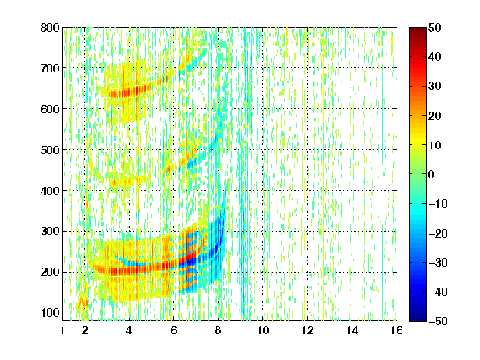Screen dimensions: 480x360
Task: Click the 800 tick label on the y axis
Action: click(x=50, y=27)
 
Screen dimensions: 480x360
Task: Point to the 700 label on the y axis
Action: click(x=50, y=68)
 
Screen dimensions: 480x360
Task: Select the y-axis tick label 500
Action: click(x=50, y=150)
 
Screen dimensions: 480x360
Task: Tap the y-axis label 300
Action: click(x=50, y=231)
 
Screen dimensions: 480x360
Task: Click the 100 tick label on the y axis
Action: click(x=50, y=312)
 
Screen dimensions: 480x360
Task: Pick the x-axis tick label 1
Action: click(x=62, y=330)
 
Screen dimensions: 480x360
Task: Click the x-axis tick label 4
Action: click(x=129, y=330)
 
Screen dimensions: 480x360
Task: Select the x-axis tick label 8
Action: click(x=218, y=330)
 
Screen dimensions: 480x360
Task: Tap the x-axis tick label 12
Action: click(x=307, y=330)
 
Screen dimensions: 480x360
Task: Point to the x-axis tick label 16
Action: click(x=397, y=330)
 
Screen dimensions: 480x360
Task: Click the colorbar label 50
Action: click(x=435, y=27)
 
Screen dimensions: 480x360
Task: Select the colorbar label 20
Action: click(x=435, y=116)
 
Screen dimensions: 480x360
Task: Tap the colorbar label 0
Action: click(x=432, y=174)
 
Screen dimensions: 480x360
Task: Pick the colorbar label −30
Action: click(x=437, y=262)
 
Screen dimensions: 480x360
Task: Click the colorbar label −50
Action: click(x=437, y=321)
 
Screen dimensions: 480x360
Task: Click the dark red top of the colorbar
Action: click(x=417, y=30)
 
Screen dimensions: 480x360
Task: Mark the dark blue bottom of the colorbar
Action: click(x=417, y=318)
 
